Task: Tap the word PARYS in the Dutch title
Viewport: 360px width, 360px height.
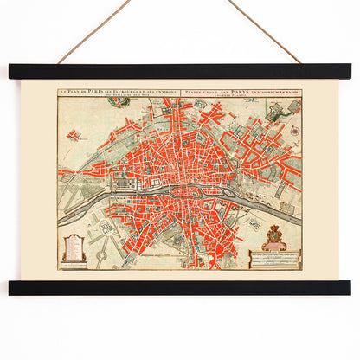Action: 233,90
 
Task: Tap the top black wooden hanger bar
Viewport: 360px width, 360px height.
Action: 180,71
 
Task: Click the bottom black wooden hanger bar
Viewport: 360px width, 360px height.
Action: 180,286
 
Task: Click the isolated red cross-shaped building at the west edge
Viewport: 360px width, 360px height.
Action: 74,135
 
